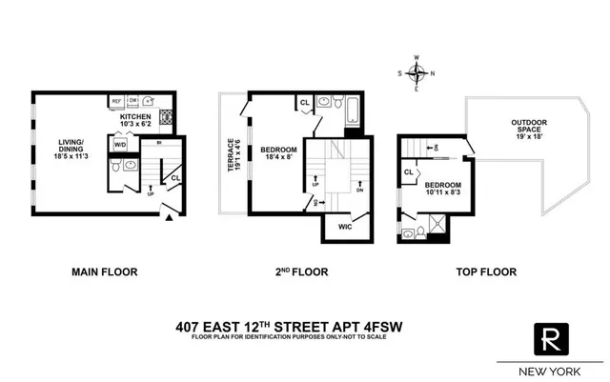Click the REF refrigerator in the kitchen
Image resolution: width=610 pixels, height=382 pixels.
(x=117, y=99)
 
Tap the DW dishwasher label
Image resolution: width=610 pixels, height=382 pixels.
(x=133, y=99)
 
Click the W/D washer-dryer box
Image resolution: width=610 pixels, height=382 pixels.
(x=120, y=145)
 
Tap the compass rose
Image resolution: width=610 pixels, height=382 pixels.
(x=417, y=73)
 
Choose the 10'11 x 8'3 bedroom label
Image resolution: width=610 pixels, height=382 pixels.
(x=444, y=189)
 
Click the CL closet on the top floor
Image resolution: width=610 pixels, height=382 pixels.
(x=409, y=172)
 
